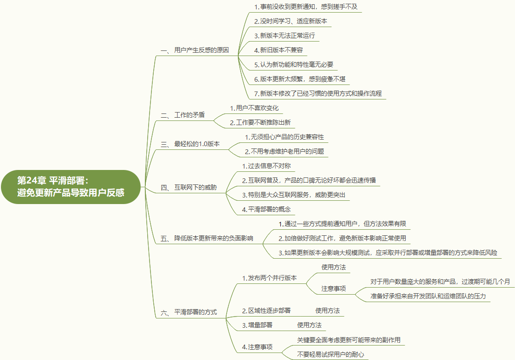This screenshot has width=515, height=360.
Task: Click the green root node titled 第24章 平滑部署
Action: (x=71, y=187)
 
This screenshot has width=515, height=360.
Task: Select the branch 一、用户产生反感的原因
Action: (x=195, y=50)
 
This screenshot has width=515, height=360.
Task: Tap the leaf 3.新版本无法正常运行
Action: (x=284, y=35)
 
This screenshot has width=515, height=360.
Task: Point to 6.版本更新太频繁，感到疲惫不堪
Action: (x=300, y=79)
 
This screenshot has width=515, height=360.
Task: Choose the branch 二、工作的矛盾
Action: (x=183, y=115)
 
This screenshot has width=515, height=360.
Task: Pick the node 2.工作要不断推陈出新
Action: (x=260, y=122)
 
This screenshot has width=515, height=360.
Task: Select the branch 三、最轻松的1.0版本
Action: (x=190, y=144)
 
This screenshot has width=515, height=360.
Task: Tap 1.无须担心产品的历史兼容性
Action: (x=284, y=137)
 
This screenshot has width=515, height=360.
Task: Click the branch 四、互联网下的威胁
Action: (x=189, y=187)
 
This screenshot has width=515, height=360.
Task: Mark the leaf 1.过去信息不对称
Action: (x=266, y=166)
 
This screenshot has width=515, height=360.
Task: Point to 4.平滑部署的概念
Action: (x=266, y=209)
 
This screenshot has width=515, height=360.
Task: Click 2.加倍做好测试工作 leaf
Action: (x=342, y=238)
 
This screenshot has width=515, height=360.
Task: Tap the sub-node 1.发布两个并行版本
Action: (x=269, y=278)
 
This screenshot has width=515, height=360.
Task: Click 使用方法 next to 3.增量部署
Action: (x=309, y=325)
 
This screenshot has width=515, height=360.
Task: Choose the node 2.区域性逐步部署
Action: (x=266, y=311)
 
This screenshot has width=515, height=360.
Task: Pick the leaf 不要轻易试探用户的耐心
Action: (x=330, y=354)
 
